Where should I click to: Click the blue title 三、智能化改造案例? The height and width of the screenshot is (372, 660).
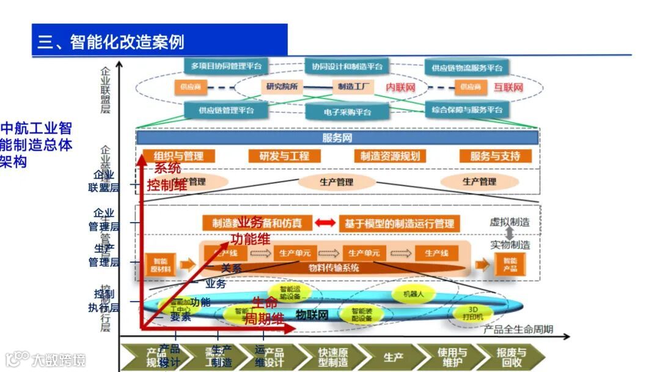pos(111,42)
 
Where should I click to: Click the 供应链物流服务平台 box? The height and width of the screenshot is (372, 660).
pos(467,67)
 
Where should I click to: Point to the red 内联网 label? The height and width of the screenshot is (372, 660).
pos(400,87)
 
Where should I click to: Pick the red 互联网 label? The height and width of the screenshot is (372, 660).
pos(508,87)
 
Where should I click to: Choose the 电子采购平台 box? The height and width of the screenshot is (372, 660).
pos(346,112)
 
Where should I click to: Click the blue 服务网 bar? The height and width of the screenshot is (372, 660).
pos(337,138)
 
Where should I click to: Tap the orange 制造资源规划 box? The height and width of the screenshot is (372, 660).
pos(390,156)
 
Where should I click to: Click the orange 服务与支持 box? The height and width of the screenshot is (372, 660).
pos(495,156)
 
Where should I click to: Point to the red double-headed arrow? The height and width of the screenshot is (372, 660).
pos(325,223)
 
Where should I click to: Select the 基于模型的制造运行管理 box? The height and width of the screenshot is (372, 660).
pos(399,223)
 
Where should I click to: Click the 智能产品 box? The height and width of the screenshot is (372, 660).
pos(510,264)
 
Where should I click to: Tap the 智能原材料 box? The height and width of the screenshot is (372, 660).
pos(160,264)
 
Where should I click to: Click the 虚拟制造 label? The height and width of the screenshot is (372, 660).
pos(510,222)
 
